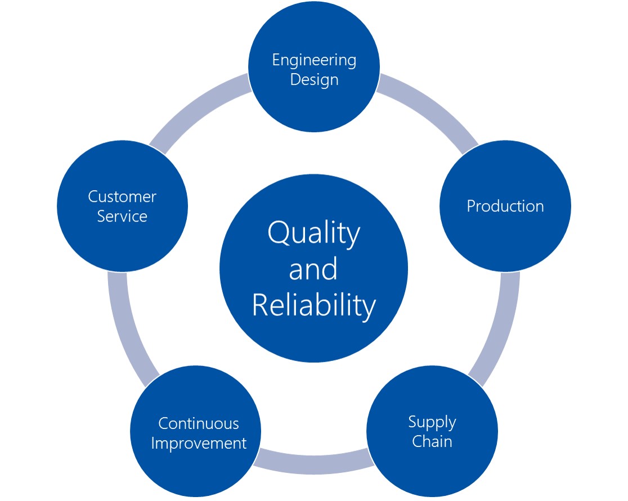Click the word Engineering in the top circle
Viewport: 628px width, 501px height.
click(x=314, y=60)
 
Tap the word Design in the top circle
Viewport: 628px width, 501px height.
click(x=314, y=79)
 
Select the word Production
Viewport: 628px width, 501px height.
click(x=505, y=206)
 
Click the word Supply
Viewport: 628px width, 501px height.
click(x=432, y=422)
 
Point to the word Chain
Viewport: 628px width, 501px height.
click(x=432, y=441)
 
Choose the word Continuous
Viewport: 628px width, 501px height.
click(x=198, y=423)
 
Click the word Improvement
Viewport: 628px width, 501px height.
click(x=198, y=443)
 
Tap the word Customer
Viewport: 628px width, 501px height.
click(x=122, y=197)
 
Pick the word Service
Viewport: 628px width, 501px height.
click(x=122, y=216)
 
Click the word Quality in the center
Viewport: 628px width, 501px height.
click(x=313, y=233)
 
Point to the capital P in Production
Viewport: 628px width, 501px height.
click(x=472, y=206)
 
